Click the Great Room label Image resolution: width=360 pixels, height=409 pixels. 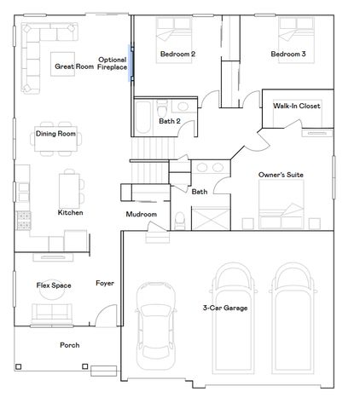click(x=73, y=66)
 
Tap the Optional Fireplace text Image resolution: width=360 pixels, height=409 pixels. click(x=112, y=63)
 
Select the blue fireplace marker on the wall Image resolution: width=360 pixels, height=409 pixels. click(x=130, y=63)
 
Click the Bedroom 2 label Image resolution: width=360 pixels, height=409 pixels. click(x=177, y=55)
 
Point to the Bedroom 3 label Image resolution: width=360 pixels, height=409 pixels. click(x=288, y=55)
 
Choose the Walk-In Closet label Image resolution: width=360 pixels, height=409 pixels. click(x=297, y=107)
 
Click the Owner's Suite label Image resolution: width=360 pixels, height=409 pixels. click(x=281, y=175)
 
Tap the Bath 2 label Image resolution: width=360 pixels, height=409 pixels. click(x=169, y=121)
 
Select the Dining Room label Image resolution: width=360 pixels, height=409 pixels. click(x=56, y=134)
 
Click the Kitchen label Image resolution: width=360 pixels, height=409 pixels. click(x=70, y=212)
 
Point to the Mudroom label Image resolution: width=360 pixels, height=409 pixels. click(x=141, y=214)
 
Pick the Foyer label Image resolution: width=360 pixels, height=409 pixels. click(x=105, y=283)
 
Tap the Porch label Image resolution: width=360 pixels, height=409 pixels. click(x=69, y=345)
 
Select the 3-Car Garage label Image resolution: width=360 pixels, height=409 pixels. click(x=225, y=308)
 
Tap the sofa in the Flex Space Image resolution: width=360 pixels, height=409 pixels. click(x=53, y=316)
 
